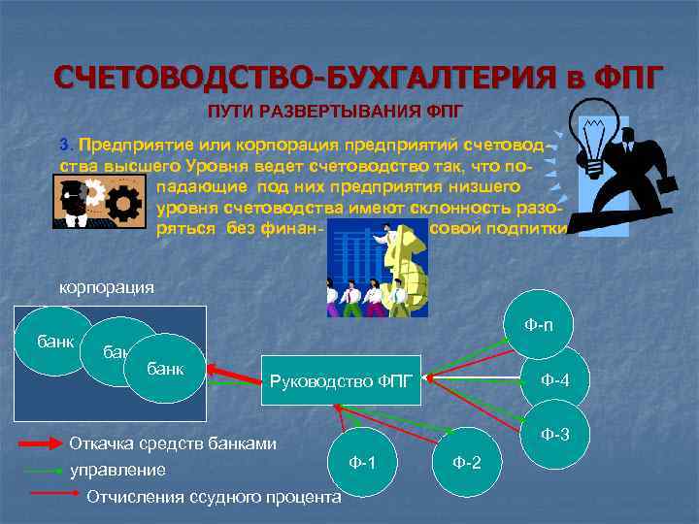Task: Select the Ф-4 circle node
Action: click(554, 379)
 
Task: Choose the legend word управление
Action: click(117, 470)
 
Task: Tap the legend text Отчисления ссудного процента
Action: click(214, 497)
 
